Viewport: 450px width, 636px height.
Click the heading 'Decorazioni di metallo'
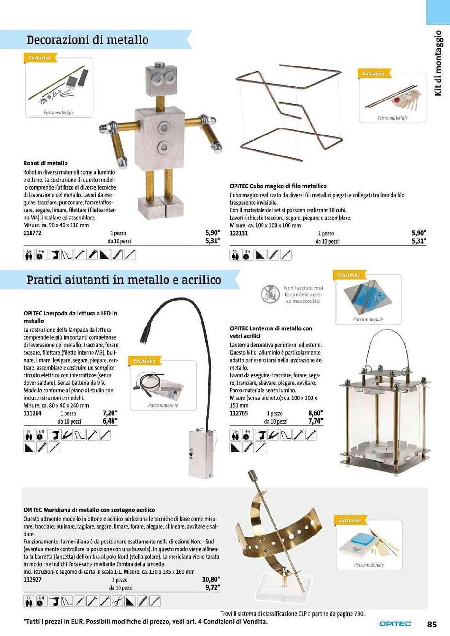coord(87,40)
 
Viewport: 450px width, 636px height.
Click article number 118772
coord(32,233)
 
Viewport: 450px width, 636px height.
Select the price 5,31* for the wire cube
coord(419,241)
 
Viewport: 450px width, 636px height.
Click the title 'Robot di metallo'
coord(45,163)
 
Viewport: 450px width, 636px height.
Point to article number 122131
coord(239,233)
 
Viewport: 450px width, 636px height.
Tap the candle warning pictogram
coord(270,294)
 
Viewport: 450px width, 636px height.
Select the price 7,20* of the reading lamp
coord(110,413)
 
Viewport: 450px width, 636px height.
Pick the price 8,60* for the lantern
coord(315,413)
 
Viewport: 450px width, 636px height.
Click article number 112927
coord(32,579)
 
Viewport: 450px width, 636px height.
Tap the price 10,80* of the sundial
coord(211,579)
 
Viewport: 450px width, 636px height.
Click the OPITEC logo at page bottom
coord(395,624)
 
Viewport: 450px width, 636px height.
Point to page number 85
coord(432,624)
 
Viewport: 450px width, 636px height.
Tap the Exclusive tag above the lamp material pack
coord(144,361)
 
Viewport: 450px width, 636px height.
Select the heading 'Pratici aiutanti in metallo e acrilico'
coord(124,280)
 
